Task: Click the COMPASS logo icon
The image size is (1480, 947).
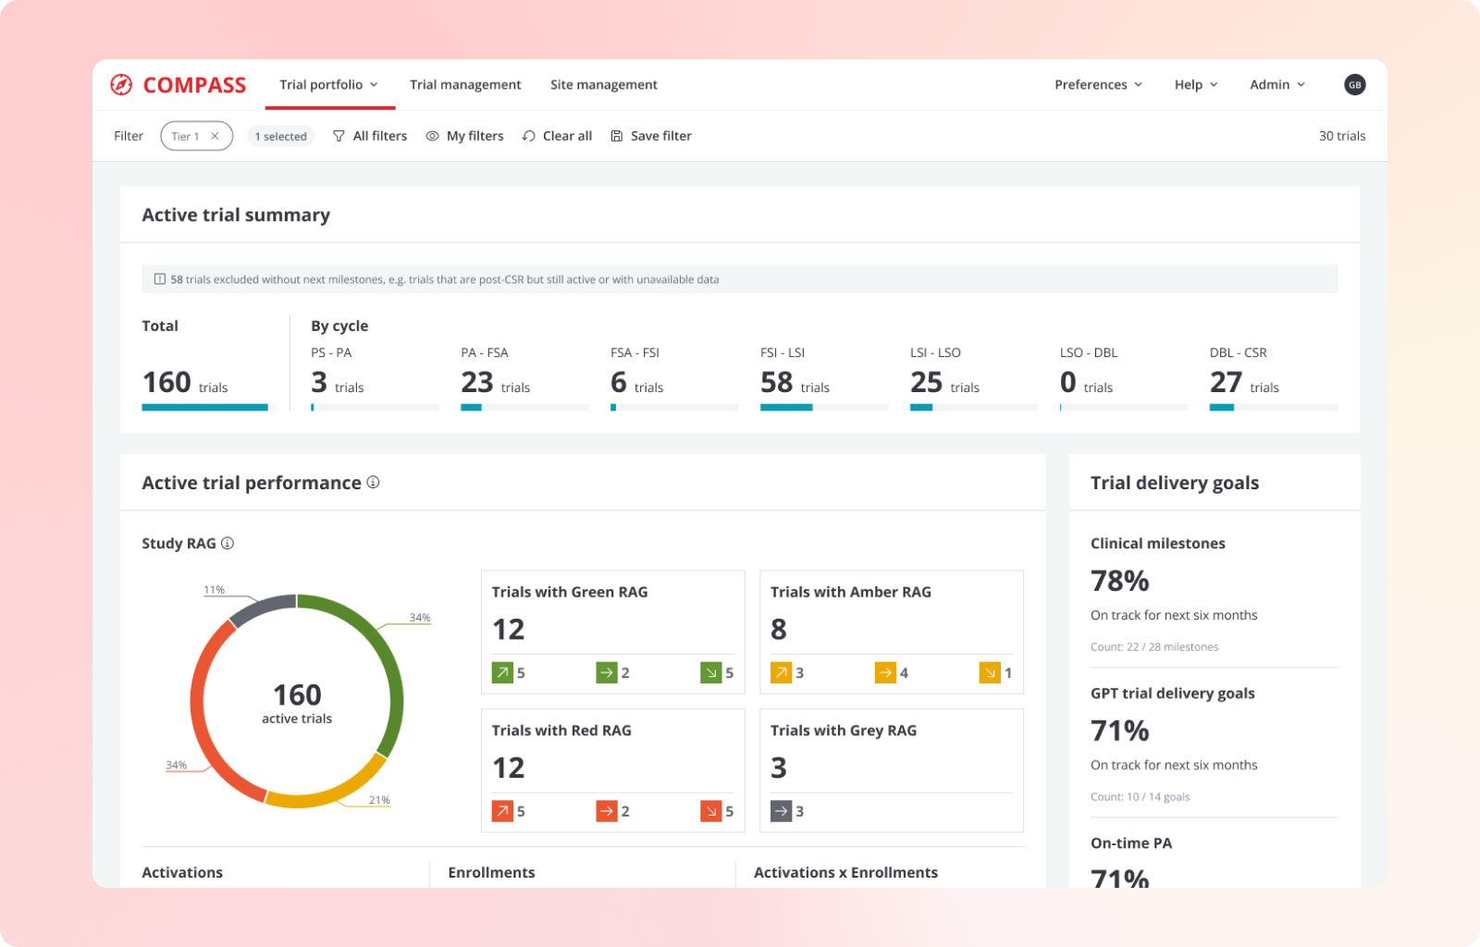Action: coord(121,85)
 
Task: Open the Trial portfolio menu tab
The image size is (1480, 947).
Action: coord(329,85)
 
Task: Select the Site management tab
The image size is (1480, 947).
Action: coord(603,85)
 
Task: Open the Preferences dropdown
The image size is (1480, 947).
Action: coord(1098,85)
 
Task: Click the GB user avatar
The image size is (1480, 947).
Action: coord(1354,85)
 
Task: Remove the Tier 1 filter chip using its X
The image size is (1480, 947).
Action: coord(215,136)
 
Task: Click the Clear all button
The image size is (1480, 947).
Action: coord(557,136)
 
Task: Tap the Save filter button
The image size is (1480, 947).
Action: coord(651,136)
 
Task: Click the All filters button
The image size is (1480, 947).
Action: coord(370,136)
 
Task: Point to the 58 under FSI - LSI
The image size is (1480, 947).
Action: coord(776,382)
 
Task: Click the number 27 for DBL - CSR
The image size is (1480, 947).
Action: coord(1226,382)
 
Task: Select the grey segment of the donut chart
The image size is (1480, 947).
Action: coord(260,609)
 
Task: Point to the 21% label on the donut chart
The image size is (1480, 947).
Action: coord(379,800)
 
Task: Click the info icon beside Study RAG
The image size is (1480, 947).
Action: coord(228,544)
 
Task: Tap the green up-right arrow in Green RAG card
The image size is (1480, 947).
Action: coord(502,673)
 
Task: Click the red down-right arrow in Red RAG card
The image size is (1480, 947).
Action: coord(710,812)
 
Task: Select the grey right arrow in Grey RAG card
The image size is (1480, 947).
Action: coord(781,812)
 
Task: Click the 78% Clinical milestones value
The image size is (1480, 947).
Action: coord(1119,581)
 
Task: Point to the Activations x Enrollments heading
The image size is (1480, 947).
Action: coord(845,872)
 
